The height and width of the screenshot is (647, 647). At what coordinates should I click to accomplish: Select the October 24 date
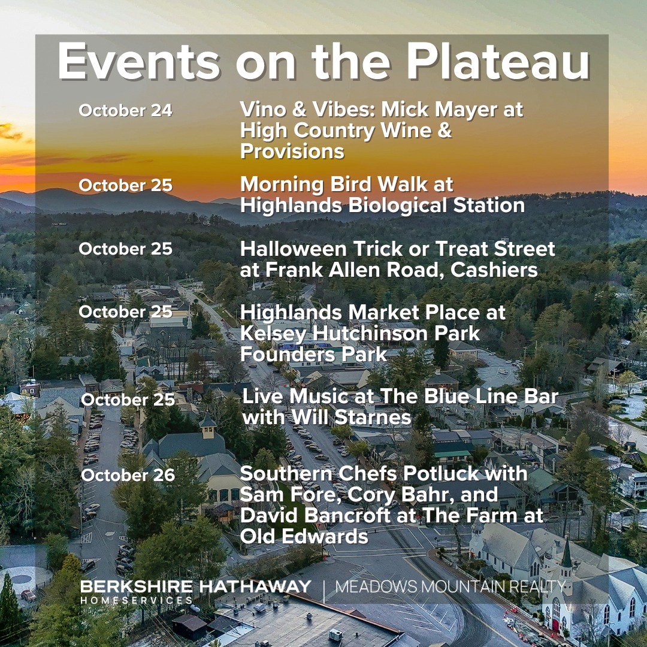click(x=125, y=111)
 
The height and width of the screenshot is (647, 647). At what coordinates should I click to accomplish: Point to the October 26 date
click(x=128, y=476)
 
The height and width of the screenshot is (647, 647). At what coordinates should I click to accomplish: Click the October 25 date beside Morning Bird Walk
click(x=125, y=186)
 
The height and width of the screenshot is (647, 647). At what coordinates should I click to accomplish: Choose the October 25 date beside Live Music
click(x=128, y=400)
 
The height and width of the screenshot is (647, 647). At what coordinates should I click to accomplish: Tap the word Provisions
click(x=292, y=152)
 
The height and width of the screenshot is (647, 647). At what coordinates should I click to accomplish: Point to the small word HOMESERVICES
click(x=137, y=600)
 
